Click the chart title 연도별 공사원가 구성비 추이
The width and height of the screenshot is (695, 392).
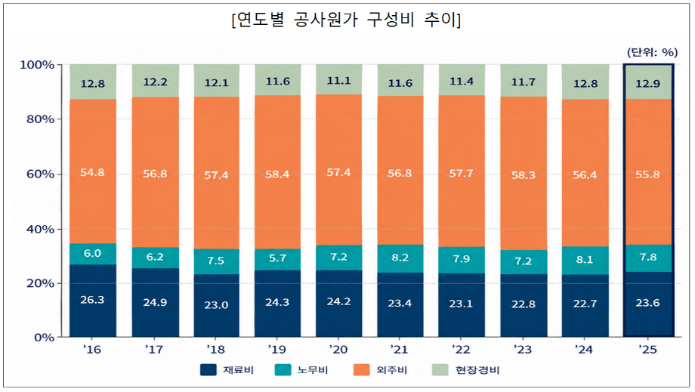click(x=346, y=20)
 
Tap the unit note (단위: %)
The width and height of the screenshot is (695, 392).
click(x=652, y=52)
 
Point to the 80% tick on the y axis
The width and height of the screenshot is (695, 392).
click(x=40, y=119)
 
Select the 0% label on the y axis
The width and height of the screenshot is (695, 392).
click(x=45, y=338)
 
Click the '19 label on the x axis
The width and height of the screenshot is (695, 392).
click(x=277, y=350)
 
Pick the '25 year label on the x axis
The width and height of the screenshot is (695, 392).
click(x=647, y=350)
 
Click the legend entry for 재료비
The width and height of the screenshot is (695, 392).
click(x=227, y=370)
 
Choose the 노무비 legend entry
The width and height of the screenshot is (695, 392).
click(x=301, y=370)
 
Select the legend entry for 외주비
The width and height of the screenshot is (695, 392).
click(x=380, y=370)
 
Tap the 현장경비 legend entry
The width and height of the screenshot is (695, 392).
click(x=466, y=370)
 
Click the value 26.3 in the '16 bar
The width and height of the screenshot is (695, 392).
click(x=92, y=300)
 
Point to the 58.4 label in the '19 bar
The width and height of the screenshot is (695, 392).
click(x=277, y=174)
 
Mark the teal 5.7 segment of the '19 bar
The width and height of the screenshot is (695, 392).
click(x=277, y=260)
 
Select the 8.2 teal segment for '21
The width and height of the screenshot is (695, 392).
click(x=400, y=258)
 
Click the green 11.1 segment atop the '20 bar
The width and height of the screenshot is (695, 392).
click(x=339, y=79)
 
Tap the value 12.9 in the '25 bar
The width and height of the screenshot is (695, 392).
click(x=647, y=83)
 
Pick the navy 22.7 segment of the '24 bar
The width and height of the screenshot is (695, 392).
click(x=585, y=306)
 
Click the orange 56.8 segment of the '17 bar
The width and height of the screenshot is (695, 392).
click(x=155, y=172)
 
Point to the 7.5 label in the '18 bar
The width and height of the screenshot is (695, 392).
click(x=216, y=261)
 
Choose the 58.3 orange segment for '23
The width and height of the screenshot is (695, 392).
click(x=524, y=173)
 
